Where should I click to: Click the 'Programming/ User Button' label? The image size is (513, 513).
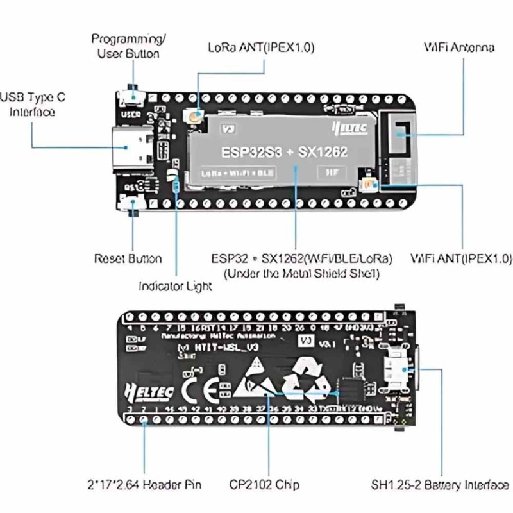(x=128, y=46)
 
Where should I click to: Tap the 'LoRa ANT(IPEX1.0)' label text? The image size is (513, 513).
(x=261, y=48)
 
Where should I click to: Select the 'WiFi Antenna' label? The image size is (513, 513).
(x=458, y=48)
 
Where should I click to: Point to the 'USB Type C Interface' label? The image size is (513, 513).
(x=33, y=105)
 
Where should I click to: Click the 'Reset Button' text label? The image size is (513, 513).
(x=128, y=259)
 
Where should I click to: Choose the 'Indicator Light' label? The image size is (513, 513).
(x=175, y=286)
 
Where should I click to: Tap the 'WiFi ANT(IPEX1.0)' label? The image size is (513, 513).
(x=461, y=259)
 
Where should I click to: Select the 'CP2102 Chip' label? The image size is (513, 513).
(x=264, y=485)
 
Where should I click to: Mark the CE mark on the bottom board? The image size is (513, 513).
(x=192, y=389)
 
